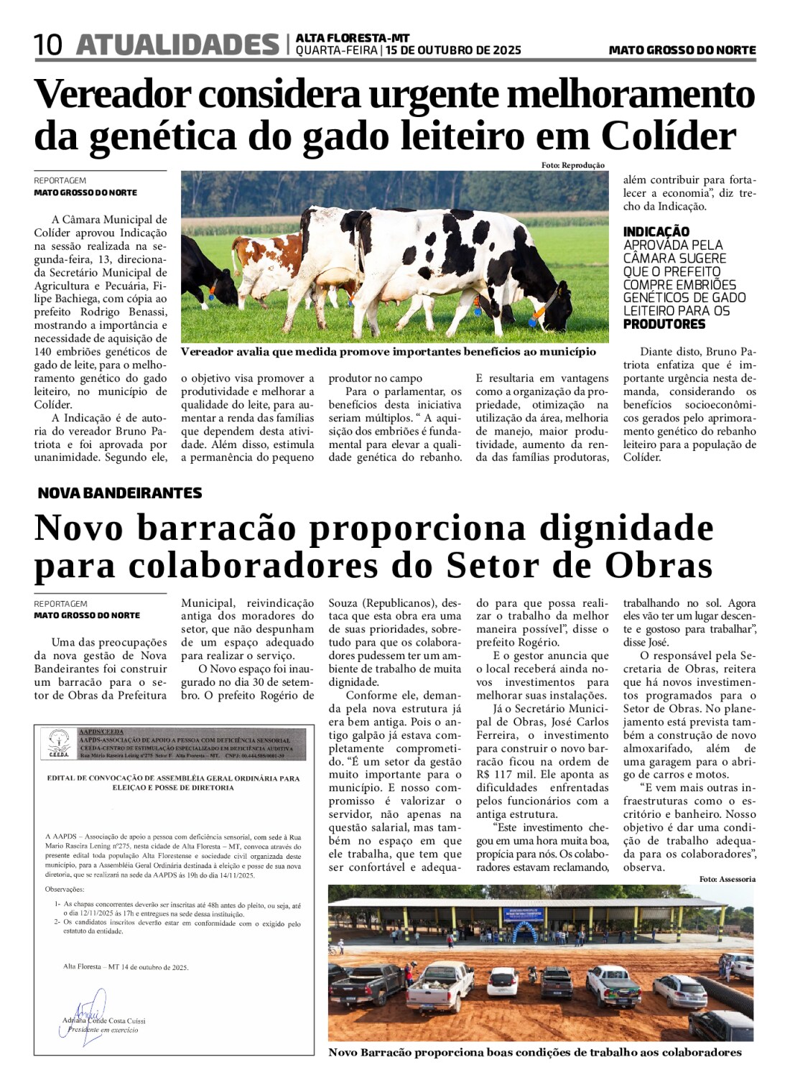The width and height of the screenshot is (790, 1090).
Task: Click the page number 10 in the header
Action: click(48, 45)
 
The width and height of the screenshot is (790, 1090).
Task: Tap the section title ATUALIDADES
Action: click(177, 45)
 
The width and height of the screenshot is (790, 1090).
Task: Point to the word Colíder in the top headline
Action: click(669, 136)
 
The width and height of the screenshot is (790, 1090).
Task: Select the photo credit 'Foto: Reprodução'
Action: click(572, 165)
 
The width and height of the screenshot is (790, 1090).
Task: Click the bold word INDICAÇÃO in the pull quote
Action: click(656, 231)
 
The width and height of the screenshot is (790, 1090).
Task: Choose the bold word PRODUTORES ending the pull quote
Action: click(664, 324)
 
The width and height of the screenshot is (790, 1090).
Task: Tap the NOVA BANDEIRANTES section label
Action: click(119, 493)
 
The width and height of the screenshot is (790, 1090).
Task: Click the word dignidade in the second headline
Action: click(626, 528)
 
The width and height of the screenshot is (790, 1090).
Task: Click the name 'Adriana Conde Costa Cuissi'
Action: click(103, 1020)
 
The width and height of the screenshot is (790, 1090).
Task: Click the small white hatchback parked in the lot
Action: click(502, 980)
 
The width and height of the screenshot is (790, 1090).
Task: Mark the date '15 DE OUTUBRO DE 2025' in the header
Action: click(453, 50)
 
